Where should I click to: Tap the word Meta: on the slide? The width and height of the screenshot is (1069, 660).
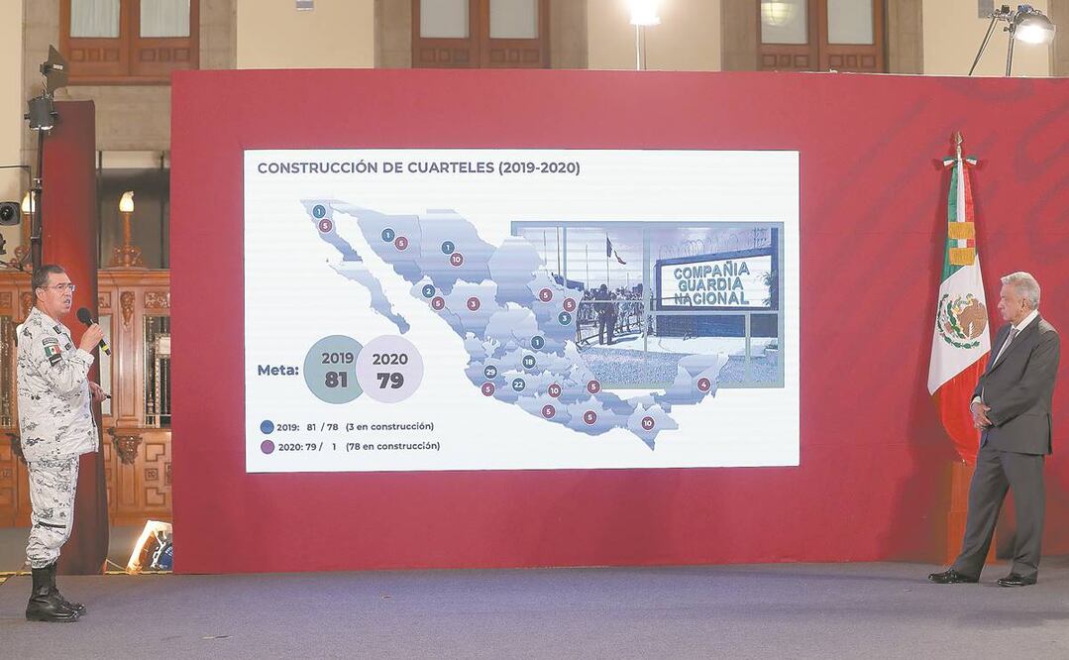click(277, 370)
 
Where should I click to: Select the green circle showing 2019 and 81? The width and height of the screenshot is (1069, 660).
click(335, 369)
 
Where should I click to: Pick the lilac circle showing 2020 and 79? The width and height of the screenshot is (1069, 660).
click(389, 369)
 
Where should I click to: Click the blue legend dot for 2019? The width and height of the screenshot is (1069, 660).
click(267, 427)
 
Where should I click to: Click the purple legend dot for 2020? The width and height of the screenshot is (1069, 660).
click(267, 447)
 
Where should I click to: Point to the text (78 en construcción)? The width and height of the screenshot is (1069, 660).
click(392, 446)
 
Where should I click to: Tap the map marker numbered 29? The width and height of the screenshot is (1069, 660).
click(490, 372)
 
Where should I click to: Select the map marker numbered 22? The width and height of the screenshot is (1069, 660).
click(518, 385)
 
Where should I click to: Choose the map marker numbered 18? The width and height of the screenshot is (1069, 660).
click(529, 362)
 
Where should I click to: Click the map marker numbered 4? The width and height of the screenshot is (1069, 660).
click(703, 385)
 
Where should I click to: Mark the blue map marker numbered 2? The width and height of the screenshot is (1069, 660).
click(428, 291)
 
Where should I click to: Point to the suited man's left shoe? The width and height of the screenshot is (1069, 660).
click(1016, 579)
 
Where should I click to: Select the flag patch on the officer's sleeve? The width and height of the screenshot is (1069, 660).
click(52, 350)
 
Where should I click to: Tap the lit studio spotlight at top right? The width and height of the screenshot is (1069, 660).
click(1032, 27)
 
